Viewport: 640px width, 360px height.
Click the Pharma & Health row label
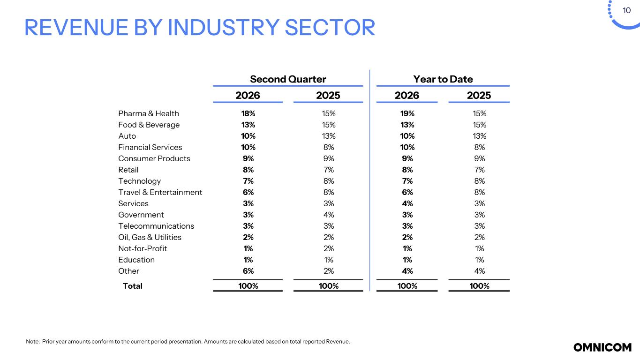point(149,113)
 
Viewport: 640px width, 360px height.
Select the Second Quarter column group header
point(288,79)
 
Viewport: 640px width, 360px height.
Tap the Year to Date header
point(443,79)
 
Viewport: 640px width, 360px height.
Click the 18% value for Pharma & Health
point(248,113)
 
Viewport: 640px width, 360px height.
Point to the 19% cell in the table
point(407,113)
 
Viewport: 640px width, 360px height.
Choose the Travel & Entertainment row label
point(160,192)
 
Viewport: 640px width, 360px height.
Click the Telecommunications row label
point(156,226)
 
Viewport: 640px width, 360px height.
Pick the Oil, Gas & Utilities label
point(150,237)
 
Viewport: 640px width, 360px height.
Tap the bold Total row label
point(132,286)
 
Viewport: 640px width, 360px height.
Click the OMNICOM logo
point(602,347)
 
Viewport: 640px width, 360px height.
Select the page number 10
point(626,11)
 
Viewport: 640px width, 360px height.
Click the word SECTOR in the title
point(330,28)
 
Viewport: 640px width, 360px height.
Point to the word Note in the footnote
point(32,341)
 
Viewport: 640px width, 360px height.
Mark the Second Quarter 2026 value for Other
point(248,271)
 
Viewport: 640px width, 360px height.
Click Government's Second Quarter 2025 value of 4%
point(329,215)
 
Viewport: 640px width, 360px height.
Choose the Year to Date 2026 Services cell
point(407,203)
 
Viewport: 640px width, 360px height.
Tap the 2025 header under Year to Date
point(479,96)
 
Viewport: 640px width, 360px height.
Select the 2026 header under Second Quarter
point(248,96)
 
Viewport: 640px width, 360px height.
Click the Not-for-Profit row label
point(143,248)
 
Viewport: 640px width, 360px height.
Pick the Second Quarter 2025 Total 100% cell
point(329,286)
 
